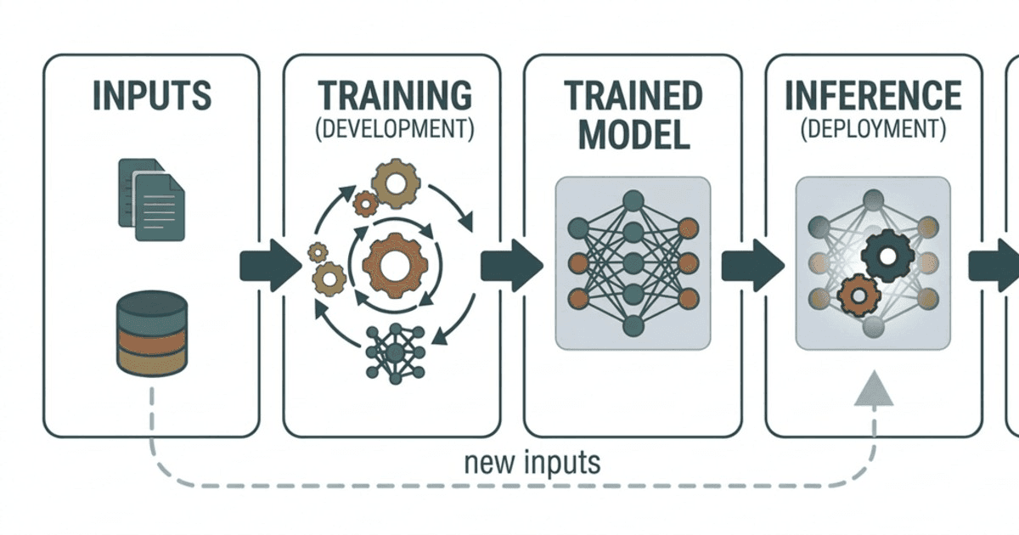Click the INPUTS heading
click(152, 95)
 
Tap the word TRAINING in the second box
click(395, 95)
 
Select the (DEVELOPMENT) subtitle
click(395, 129)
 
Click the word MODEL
click(634, 135)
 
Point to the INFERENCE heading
click(874, 95)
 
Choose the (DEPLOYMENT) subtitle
click(874, 129)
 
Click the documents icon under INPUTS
click(151, 200)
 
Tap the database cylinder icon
click(152, 334)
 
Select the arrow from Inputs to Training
click(271, 265)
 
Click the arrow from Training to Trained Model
click(512, 265)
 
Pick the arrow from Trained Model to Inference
click(753, 265)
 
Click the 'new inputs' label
click(532, 463)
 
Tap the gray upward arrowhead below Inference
click(874, 388)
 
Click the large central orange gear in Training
click(395, 266)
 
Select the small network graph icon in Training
click(396, 353)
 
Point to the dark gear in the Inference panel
click(887, 256)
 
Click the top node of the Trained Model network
click(633, 200)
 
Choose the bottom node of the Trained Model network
click(633, 326)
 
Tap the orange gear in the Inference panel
click(859, 296)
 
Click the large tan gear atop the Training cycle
click(396, 183)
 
